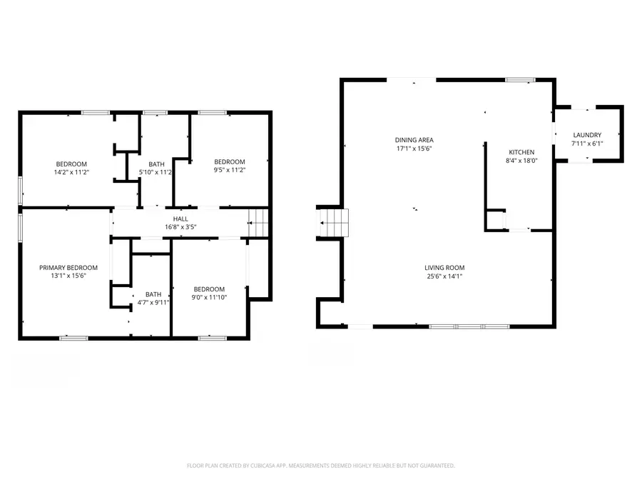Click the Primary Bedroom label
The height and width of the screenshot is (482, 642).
68,268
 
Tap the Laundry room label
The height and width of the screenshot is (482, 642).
587,135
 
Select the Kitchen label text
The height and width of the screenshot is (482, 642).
521,152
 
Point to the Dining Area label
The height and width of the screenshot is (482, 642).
414,140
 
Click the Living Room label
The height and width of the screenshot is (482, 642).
446,268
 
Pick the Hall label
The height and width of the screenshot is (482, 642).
180,219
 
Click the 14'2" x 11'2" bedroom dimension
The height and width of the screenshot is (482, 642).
72,172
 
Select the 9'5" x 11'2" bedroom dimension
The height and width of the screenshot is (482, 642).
230,170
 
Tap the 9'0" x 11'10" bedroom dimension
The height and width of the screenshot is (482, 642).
210,298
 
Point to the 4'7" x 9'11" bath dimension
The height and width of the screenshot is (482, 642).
153,302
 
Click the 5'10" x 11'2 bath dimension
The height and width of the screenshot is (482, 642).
156,172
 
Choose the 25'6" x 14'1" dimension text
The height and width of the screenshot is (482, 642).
446,276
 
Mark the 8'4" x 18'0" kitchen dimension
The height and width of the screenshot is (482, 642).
521,161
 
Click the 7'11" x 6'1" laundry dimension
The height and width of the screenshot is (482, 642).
587,144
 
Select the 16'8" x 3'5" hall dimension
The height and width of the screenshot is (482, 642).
180,227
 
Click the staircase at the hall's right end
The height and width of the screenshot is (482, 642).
258,223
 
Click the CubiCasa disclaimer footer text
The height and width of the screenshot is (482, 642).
321,466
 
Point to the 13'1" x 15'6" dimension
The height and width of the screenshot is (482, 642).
68,276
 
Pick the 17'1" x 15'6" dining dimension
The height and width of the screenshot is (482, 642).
414,149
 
